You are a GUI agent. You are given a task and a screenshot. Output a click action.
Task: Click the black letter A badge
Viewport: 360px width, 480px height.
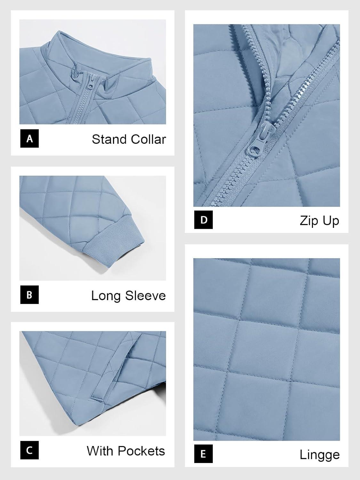(29, 139)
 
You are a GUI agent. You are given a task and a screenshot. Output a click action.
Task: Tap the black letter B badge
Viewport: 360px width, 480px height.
(29, 294)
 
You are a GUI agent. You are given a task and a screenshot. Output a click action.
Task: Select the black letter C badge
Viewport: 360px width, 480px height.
(29, 450)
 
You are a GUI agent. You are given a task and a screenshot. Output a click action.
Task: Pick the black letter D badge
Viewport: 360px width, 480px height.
(204, 220)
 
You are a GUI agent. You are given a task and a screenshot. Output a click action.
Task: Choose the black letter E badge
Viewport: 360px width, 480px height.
(204, 454)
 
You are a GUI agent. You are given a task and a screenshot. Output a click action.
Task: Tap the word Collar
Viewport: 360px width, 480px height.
(147, 139)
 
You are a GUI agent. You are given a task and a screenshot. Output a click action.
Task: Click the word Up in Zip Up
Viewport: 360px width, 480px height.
(331, 221)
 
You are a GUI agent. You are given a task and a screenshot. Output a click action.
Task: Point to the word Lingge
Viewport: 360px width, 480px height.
(319, 455)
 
